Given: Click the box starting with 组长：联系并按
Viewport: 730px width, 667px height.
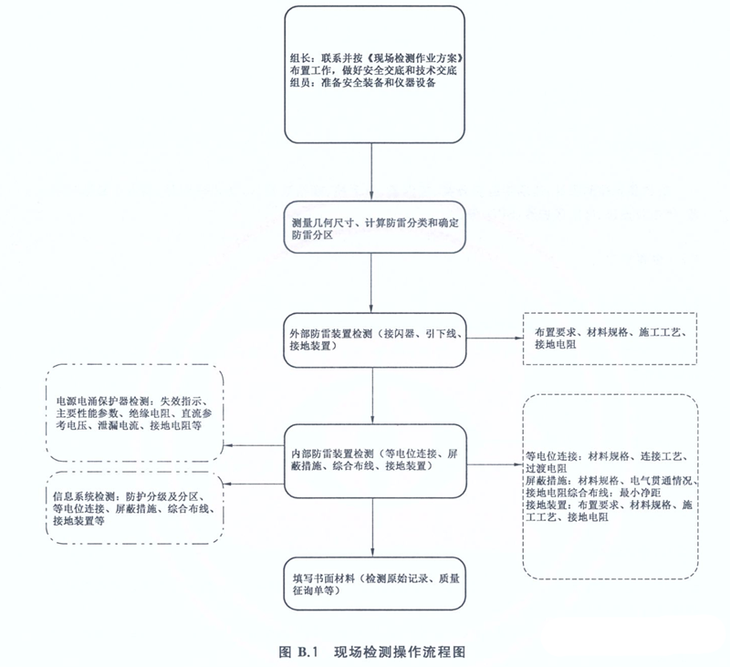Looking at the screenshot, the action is (375, 75).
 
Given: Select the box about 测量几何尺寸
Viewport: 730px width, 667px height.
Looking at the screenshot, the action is (375, 227).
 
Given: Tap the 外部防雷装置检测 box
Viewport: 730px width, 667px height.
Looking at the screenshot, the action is (375, 340).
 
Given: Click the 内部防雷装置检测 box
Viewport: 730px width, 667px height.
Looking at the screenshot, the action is (375, 462).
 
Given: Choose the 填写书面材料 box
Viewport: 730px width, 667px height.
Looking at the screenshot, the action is (375, 584).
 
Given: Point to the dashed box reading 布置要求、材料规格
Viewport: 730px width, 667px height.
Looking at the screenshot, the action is (610, 339).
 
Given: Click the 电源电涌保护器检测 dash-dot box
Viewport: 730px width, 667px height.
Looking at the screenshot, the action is (135, 412).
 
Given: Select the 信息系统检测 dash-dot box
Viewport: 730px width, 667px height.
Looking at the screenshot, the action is (135, 508).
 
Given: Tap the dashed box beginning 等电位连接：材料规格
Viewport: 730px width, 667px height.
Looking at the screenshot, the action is (610, 487).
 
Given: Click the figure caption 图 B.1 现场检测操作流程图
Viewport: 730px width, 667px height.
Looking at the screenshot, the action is (372, 652).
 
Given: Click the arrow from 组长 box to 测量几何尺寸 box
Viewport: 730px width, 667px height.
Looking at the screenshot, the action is (371, 172).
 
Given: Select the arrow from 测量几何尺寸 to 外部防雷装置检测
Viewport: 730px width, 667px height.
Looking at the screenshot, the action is (371, 284).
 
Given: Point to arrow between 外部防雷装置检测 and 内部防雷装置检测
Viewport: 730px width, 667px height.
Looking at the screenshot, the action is (372, 396).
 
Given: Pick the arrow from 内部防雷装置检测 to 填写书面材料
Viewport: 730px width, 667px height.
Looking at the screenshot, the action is (372, 527).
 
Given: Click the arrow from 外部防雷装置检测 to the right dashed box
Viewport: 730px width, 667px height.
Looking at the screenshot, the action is (495, 339).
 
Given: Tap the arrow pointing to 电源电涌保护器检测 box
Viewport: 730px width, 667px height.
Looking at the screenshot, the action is (255, 445).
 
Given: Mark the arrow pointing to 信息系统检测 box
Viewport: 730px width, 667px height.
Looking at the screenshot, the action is (255, 484).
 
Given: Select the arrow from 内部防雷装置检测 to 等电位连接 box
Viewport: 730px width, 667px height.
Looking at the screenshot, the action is (495, 464).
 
